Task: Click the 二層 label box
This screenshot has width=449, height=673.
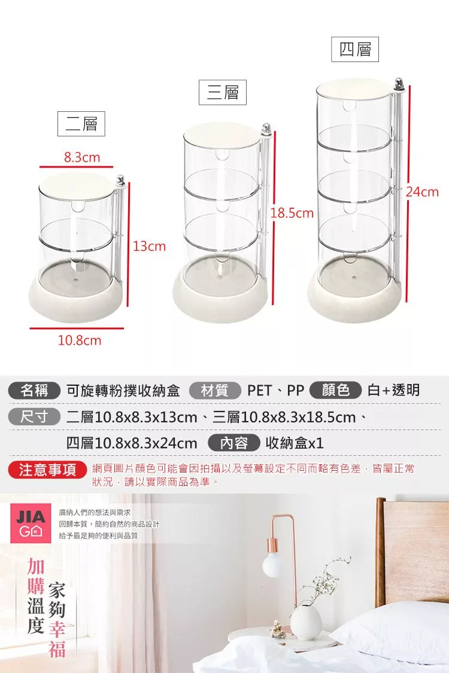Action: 81,124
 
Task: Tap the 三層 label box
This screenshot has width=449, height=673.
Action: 223,92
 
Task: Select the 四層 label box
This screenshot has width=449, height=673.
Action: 355,50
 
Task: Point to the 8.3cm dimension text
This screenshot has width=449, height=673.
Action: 82,157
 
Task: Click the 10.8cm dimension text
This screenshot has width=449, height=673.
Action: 80,340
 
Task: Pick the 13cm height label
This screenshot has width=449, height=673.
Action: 149,246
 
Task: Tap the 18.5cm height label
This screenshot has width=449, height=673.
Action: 292,213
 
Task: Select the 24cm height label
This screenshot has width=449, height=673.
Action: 423,191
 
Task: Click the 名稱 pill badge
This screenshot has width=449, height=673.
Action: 34,391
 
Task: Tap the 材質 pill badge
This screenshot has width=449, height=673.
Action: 215,391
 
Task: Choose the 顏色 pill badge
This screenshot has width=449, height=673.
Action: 336,390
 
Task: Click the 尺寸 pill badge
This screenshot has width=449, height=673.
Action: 34,417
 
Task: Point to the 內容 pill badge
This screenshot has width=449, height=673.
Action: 234,443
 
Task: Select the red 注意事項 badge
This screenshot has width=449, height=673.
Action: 48,470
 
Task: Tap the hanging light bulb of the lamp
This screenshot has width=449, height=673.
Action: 272,564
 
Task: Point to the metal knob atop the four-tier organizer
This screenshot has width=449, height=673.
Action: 399,85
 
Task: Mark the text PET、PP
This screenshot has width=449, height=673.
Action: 276,391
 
